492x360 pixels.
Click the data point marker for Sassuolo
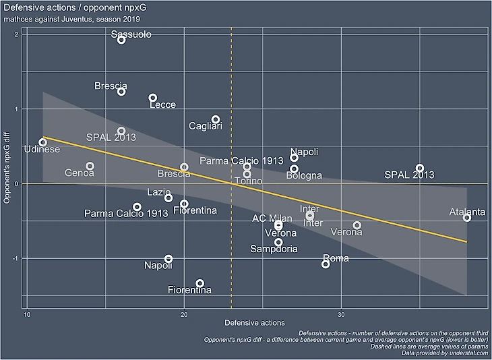click(121, 40)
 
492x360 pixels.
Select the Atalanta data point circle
click(467, 217)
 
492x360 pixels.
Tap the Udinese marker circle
click(42, 142)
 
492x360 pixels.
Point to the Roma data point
click(326, 264)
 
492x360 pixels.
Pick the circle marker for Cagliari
click(216, 119)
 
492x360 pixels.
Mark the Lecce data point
click(153, 98)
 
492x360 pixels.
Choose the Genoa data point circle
click(90, 166)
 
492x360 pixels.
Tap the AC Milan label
click(272, 218)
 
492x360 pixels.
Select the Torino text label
click(249, 181)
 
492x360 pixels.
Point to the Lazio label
click(159, 192)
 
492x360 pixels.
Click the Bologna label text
click(304, 176)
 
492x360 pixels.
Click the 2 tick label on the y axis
click(16, 34)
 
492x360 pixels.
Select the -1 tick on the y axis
click(14, 258)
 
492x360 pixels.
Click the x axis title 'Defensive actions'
click(254, 323)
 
